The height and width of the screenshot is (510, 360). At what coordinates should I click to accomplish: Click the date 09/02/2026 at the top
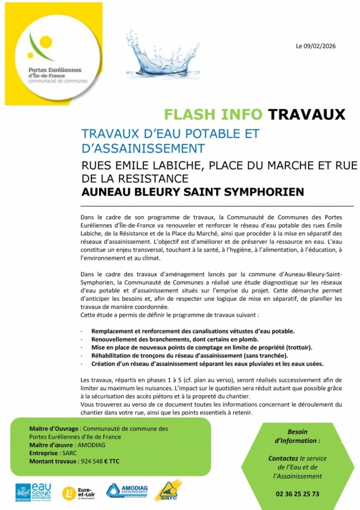click(x=320, y=46)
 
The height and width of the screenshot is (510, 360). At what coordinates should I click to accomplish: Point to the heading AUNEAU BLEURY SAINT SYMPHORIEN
click(x=193, y=191)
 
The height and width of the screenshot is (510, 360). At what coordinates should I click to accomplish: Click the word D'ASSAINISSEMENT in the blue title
click(x=143, y=148)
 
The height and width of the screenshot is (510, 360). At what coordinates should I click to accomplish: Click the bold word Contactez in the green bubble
click(x=283, y=459)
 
